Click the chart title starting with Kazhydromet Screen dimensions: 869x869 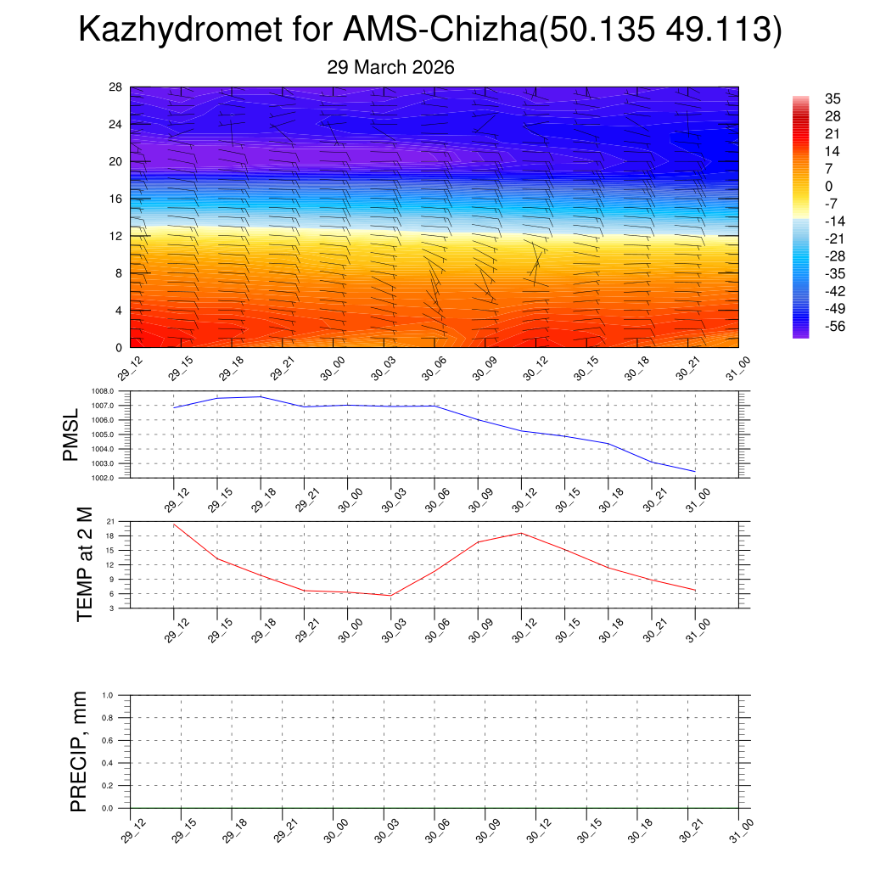(429, 31)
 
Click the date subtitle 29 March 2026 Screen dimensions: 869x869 (390, 68)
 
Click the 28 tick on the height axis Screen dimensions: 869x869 (116, 87)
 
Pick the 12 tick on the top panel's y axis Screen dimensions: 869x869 (116, 236)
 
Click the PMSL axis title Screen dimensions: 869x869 (71, 434)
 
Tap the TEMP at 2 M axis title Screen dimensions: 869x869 (83, 564)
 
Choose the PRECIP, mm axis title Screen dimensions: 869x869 (79, 751)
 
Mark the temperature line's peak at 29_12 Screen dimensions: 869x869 (174, 524)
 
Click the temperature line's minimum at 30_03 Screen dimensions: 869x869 (391, 595)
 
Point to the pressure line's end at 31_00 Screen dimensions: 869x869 (695, 471)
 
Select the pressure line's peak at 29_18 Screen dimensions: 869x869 (261, 396)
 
